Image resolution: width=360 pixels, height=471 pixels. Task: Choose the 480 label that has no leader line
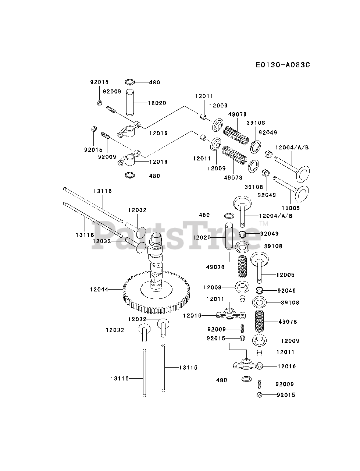pyautogui.click(x=204, y=215)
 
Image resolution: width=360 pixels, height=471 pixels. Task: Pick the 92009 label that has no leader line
pyautogui.click(x=112, y=92)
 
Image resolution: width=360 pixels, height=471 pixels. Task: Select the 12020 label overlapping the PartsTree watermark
pyautogui.click(x=202, y=238)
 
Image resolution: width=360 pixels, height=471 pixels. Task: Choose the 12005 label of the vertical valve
pyautogui.click(x=286, y=275)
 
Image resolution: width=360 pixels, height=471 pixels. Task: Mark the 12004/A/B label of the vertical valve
pyautogui.click(x=276, y=216)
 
